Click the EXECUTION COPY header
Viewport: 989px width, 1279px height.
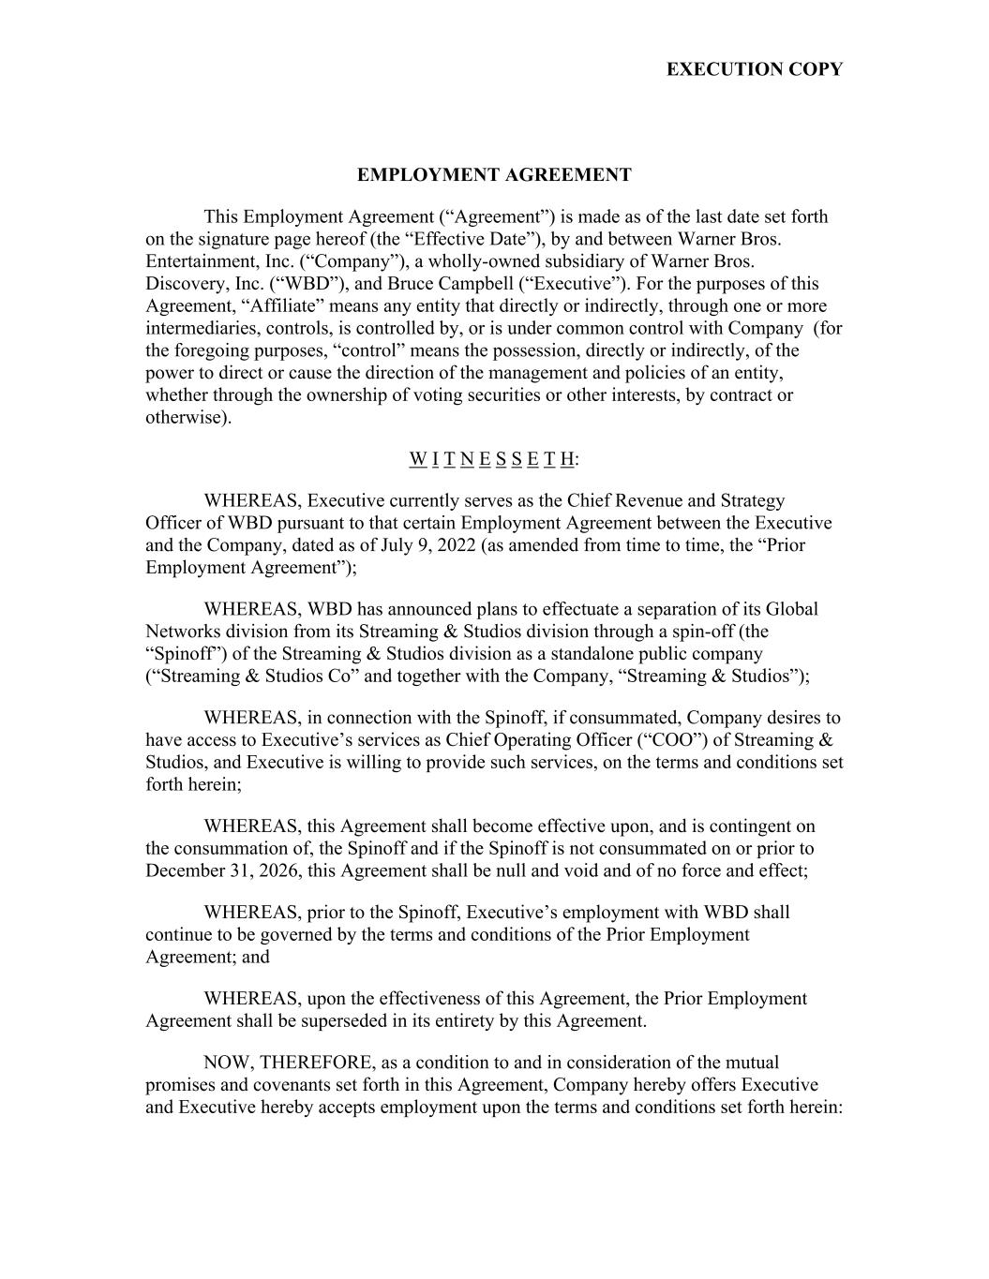pos(754,69)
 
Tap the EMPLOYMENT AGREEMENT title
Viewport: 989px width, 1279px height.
pos(494,175)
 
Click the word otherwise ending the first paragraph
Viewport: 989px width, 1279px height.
pos(186,418)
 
